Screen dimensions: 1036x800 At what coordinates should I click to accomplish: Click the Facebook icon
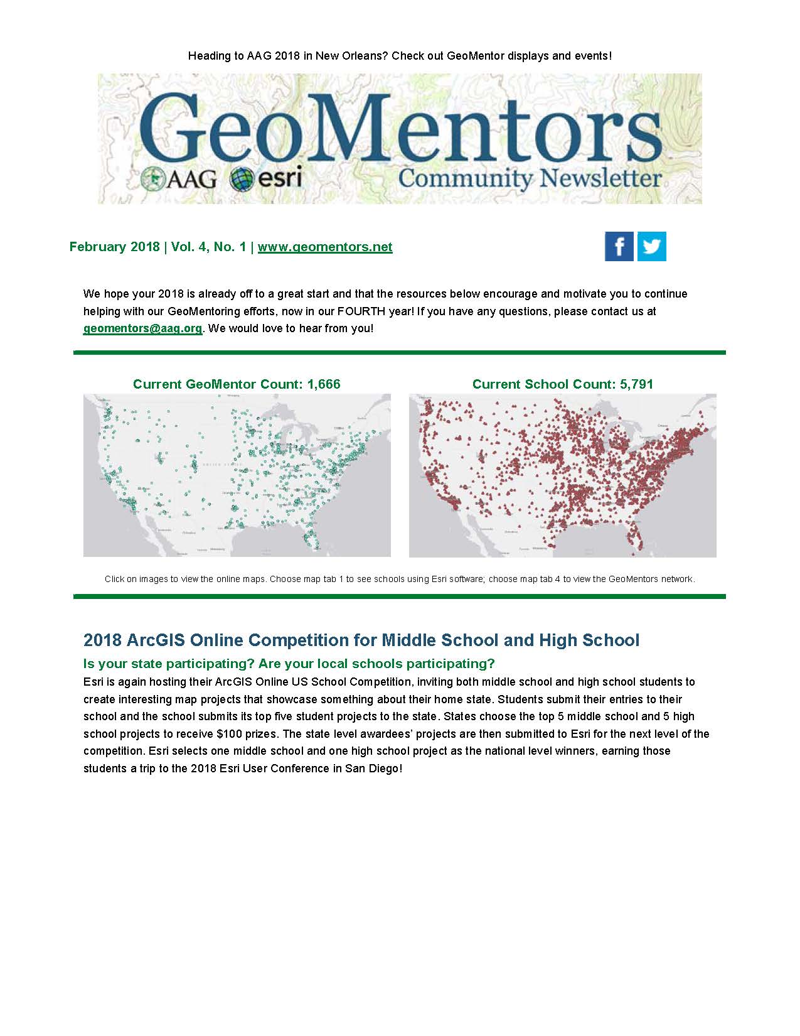pos(619,246)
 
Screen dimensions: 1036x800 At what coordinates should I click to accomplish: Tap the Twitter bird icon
pos(652,246)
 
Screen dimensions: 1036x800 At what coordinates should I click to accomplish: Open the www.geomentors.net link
pos(325,247)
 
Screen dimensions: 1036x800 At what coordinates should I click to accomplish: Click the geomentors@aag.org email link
pos(142,328)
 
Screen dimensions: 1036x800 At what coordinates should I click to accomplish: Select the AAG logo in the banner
pos(179,178)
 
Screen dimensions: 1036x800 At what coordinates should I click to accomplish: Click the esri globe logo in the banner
pos(266,178)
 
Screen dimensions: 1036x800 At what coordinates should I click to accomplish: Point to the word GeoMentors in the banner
pos(400,129)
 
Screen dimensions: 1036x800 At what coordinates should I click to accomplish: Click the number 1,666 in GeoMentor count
pos(324,384)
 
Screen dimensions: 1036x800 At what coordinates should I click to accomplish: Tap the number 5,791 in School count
pos(636,384)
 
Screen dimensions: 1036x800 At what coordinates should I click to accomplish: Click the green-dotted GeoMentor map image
pos(237,475)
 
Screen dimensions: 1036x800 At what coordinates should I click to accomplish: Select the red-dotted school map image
pos(562,475)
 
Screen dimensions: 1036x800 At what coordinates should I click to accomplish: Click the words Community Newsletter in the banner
pos(530,178)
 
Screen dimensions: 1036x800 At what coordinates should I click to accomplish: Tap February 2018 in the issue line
pos(114,247)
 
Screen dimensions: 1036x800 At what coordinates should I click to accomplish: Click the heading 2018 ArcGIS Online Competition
pos(361,640)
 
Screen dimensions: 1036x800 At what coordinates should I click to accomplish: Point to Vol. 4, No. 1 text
pos(208,247)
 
